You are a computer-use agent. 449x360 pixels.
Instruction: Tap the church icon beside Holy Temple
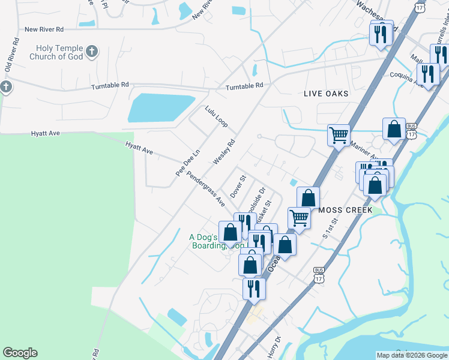92,51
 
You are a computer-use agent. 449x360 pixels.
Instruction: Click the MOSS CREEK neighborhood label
346,210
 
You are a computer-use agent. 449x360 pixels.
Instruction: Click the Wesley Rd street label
223,153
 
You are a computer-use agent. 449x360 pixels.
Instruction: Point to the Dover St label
238,187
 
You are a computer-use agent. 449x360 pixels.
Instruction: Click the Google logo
20,353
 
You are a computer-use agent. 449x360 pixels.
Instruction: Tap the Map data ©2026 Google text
412,355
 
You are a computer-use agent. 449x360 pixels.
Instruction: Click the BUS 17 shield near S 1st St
319,275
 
